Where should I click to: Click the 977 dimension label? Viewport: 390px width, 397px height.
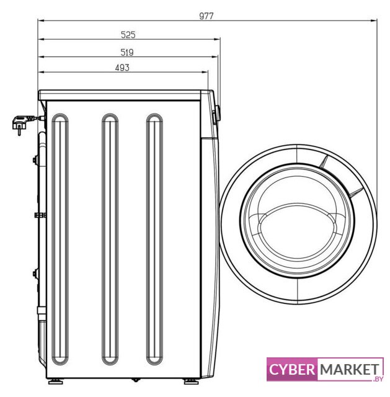206,16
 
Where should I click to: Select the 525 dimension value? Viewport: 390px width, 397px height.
128,35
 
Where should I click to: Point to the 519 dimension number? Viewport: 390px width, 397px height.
127,52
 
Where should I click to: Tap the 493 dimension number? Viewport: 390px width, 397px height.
122,68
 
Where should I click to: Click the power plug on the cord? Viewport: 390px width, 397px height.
21,123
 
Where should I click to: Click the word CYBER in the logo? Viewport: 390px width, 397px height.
292,370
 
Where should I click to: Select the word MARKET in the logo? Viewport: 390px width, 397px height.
350,370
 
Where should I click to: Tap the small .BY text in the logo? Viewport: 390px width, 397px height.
378,379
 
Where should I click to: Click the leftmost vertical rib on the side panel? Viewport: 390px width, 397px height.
60,239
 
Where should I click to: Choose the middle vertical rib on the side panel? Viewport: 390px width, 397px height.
110,239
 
